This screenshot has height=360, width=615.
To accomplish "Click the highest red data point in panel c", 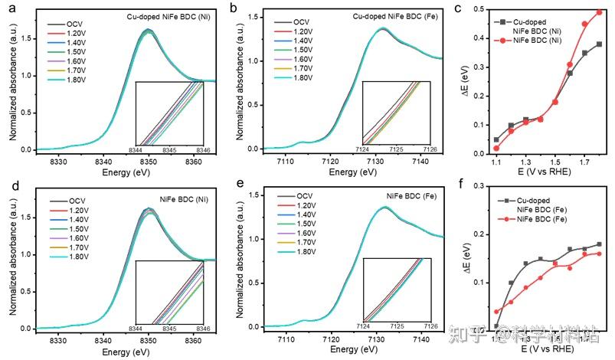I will [x=599, y=12].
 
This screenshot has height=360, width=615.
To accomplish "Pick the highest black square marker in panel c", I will [x=599, y=44].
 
